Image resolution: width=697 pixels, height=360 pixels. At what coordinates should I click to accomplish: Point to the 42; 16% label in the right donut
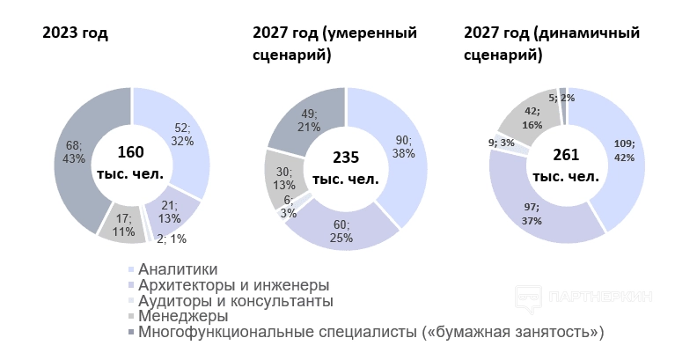click(532, 118)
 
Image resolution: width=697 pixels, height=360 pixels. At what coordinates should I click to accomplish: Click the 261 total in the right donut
click(565, 156)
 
